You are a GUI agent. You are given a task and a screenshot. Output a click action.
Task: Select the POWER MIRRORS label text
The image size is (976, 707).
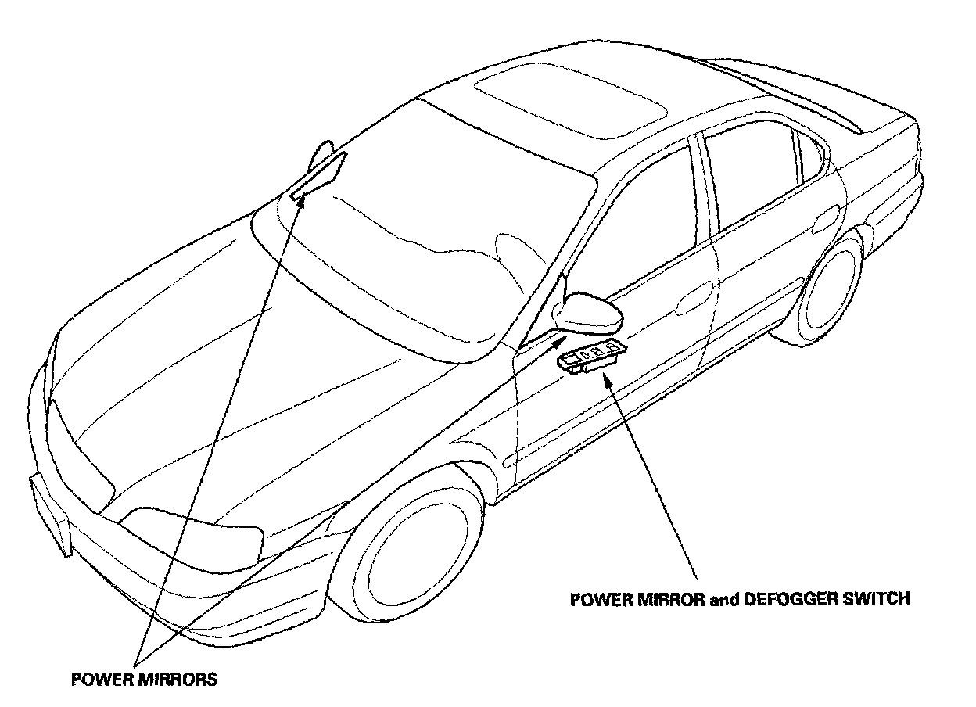pyautogui.click(x=144, y=679)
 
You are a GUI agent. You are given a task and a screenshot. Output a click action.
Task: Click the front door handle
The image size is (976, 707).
pyautogui.click(x=695, y=296)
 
